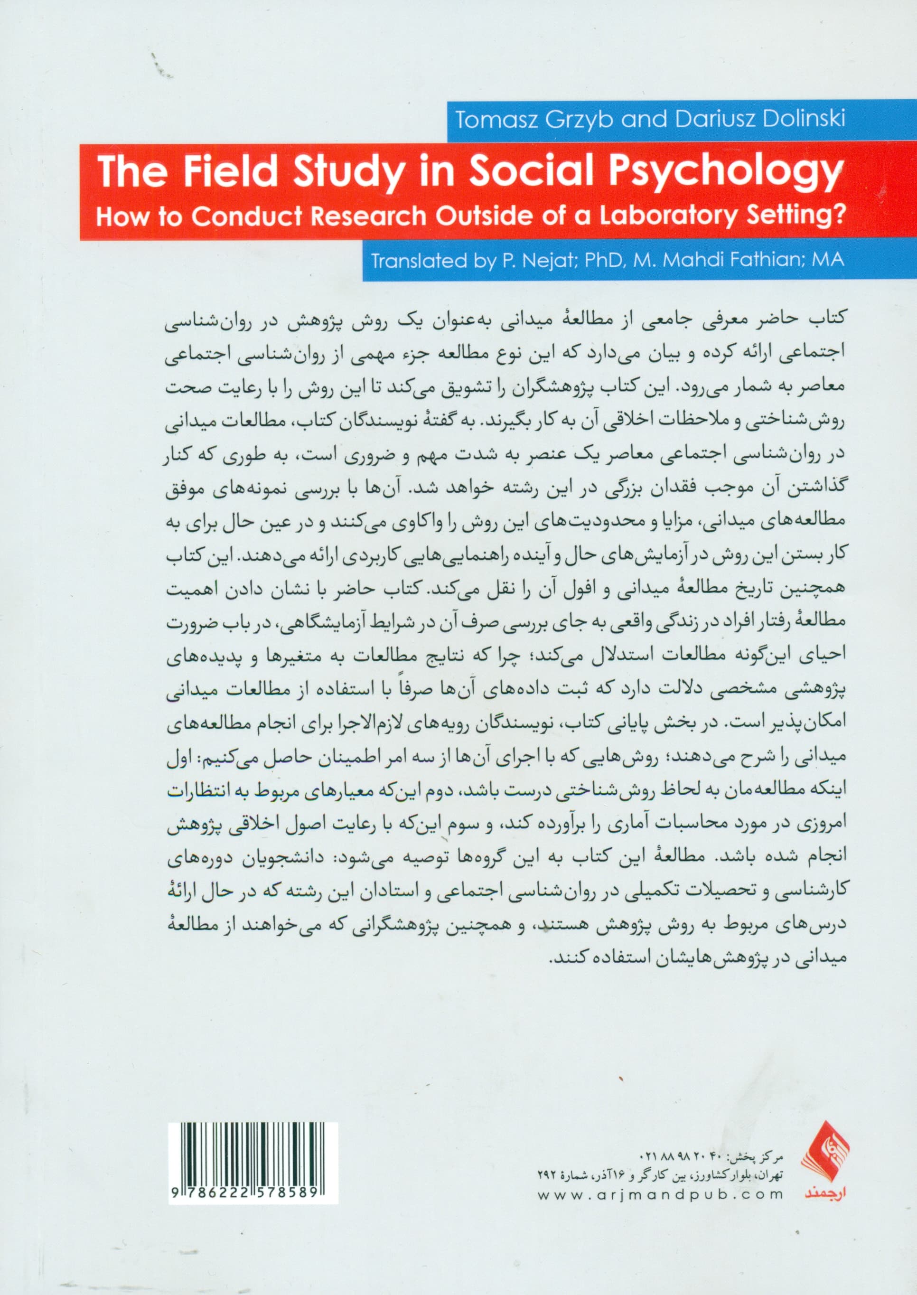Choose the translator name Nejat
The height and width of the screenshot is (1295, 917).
click(525, 261)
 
